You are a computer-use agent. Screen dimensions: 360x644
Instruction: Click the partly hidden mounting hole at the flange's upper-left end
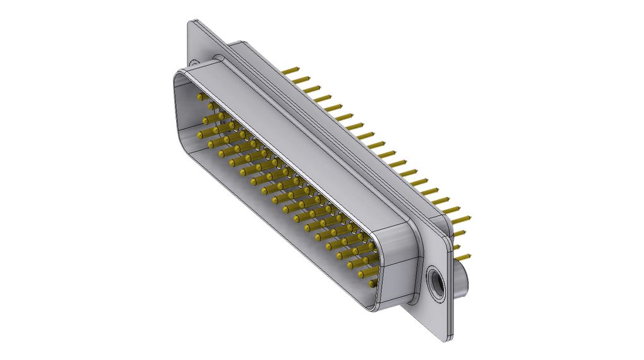coord(193,64)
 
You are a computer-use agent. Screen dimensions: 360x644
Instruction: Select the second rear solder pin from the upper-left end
coord(303,79)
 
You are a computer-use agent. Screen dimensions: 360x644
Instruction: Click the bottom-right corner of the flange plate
coord(447,339)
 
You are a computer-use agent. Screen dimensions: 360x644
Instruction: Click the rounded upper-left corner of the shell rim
coord(179,75)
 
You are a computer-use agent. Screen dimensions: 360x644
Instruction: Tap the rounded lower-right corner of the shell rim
coord(373,308)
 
